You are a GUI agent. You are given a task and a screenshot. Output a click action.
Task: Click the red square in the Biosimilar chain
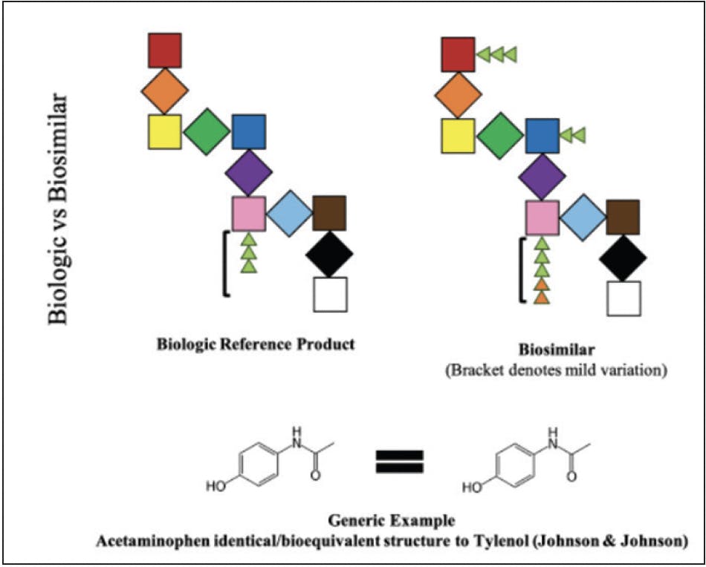click(x=458, y=55)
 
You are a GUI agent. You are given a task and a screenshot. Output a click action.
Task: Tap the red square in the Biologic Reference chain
click(x=164, y=50)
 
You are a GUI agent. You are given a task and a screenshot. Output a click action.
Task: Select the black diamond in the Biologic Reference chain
click(x=329, y=254)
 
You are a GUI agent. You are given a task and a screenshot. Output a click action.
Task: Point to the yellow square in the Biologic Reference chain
click(x=164, y=132)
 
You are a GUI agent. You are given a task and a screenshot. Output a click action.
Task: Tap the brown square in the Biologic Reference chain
click(x=329, y=212)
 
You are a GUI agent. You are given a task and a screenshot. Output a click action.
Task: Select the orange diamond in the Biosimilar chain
click(x=459, y=95)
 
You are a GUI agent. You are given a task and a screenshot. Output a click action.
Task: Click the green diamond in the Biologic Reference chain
click(x=207, y=132)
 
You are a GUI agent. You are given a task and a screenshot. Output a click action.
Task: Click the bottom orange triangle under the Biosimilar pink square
click(x=543, y=298)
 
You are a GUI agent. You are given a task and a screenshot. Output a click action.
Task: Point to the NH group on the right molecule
click(x=551, y=434)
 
